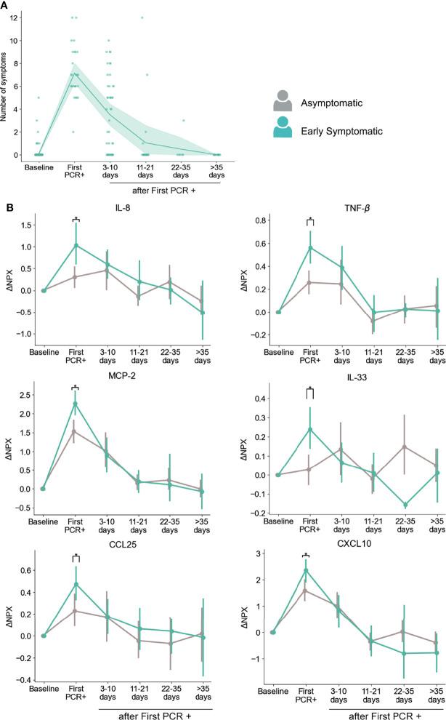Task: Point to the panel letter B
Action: click(x=7, y=207)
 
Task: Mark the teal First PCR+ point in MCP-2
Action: click(x=76, y=404)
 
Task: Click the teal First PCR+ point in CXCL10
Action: click(x=305, y=569)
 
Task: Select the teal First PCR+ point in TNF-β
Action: click(x=309, y=247)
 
